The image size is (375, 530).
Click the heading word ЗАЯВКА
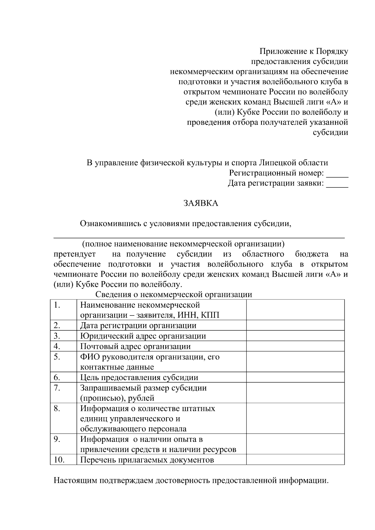200,203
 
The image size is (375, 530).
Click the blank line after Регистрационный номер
337,176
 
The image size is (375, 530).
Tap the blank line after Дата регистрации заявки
337,186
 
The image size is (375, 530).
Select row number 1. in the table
57,305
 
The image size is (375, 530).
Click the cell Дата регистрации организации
138,325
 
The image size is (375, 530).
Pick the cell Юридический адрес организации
143,336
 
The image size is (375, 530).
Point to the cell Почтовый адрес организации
135,346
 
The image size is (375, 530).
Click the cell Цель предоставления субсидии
139,377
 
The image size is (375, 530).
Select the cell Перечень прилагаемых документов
147,460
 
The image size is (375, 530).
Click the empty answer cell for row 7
295,393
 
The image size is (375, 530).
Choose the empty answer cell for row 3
295,336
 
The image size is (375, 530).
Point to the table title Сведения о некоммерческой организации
173,295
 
